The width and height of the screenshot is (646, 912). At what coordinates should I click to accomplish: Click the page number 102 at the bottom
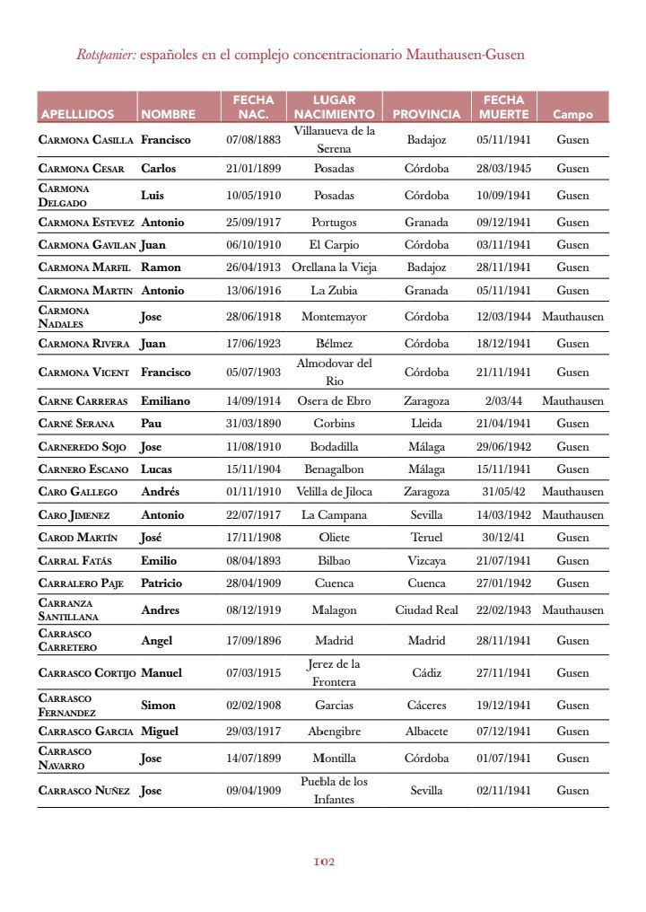pos(324,862)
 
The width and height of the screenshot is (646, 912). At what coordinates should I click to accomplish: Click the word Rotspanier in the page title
pos(106,55)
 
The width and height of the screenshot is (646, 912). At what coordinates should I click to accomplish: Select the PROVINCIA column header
pos(426,114)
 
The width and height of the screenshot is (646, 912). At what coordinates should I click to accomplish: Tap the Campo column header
pos(572,114)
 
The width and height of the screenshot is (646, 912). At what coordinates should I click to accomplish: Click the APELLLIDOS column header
pos(77,114)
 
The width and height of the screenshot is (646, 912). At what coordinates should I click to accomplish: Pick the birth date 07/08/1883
pos(253,140)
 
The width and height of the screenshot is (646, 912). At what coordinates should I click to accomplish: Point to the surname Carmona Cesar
pos(82,169)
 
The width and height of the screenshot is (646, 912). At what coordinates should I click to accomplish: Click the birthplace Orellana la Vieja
pos(334,267)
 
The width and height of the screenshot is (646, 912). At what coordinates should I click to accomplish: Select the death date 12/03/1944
pos(503,317)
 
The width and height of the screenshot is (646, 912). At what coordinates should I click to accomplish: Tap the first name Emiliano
pos(166,401)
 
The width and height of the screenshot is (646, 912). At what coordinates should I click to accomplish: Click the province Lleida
pos(426,424)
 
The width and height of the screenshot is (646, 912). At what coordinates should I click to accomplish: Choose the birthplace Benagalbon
pos(334,469)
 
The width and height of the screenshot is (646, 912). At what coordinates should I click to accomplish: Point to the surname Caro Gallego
pos(78,492)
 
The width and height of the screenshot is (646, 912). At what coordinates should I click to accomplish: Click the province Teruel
pos(426,538)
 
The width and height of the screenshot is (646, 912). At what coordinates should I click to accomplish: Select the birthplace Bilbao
pos(334,561)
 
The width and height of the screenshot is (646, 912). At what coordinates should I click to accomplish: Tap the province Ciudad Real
pos(426,610)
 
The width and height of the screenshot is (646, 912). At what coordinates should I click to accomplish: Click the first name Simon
pos(158,706)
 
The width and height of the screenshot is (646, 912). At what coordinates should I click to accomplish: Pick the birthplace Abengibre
pos(334,732)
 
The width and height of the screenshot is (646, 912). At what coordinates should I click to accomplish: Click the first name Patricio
pos(161,583)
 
